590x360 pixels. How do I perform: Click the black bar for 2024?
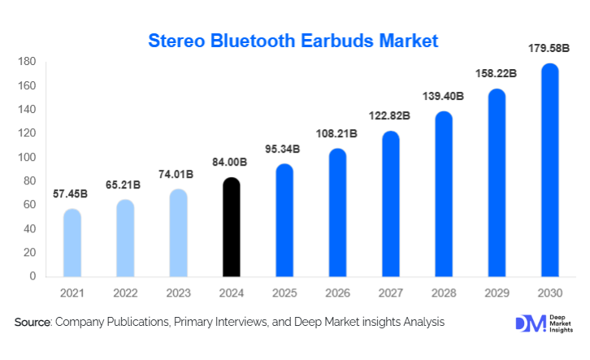232,228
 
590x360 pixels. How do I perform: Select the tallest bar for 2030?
549,171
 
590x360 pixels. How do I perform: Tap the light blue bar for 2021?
72,243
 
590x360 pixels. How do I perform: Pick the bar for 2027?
390,204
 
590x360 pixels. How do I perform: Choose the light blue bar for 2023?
178,233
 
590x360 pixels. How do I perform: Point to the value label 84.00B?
232,163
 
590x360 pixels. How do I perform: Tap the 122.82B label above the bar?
391,116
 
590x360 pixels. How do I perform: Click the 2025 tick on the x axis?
284,292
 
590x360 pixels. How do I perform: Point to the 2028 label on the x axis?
444,292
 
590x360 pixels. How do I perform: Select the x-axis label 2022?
125,292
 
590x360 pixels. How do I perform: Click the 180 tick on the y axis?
26,62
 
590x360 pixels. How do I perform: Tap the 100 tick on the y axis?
26,157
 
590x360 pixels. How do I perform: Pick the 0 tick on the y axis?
33,276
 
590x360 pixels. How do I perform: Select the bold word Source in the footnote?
33,323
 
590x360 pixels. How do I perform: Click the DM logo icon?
527,323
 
